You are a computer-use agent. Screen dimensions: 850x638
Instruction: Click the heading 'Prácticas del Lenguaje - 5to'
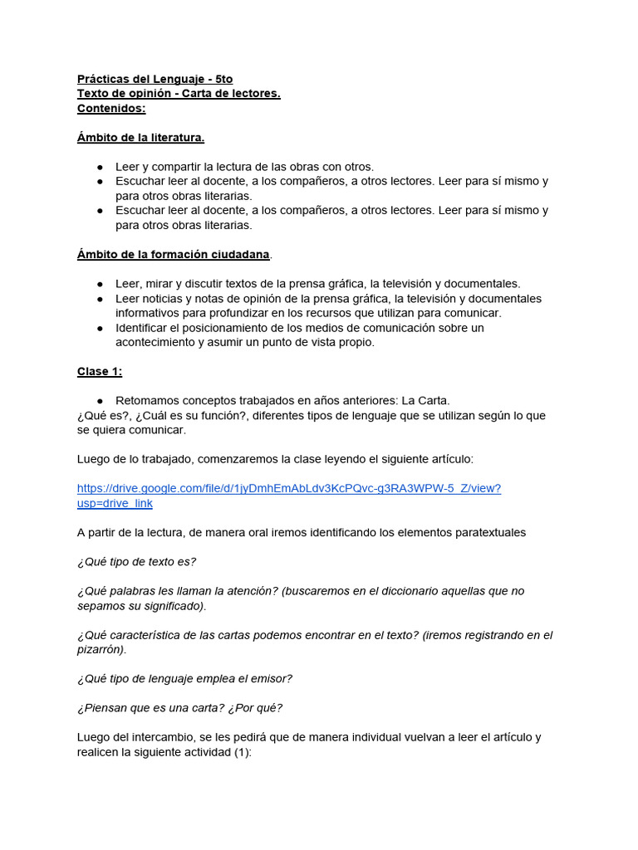click(x=155, y=79)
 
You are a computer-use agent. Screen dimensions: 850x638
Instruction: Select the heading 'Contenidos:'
click(x=111, y=108)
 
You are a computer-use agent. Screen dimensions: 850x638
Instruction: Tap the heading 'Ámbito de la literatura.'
click(x=140, y=137)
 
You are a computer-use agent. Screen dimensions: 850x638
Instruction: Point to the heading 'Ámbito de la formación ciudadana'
click(x=174, y=254)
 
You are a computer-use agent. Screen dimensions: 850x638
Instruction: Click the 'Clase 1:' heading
click(x=100, y=371)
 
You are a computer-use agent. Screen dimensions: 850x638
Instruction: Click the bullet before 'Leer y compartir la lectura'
click(x=100, y=167)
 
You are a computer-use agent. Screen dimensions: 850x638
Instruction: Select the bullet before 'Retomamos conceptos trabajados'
click(x=100, y=401)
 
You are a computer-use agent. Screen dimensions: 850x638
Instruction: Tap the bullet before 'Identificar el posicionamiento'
click(x=100, y=328)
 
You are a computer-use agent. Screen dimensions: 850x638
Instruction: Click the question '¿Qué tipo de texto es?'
click(x=136, y=562)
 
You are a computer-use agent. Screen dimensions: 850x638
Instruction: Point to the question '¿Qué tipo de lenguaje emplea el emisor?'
click(x=184, y=679)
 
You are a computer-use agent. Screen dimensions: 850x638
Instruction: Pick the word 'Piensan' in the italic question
click(x=104, y=708)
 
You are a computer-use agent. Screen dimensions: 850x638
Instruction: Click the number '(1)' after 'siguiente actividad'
click(x=240, y=752)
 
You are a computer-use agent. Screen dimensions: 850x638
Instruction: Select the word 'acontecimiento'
click(x=155, y=342)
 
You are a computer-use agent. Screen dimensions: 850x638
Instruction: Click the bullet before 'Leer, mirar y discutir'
click(x=100, y=284)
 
